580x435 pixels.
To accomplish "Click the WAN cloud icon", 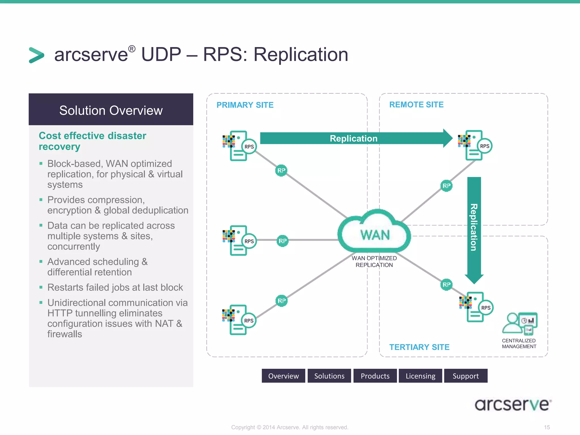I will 374,232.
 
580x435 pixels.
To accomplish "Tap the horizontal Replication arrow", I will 354,138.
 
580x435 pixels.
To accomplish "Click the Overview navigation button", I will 283,376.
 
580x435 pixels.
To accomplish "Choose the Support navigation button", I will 466,376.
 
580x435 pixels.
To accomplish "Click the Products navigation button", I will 375,376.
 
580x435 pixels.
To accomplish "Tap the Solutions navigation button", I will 329,376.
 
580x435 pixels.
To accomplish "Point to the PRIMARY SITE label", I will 245,105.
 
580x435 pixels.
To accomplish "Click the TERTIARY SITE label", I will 419,347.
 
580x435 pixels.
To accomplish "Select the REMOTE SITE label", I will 416,105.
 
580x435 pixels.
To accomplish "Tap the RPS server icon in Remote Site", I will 476,146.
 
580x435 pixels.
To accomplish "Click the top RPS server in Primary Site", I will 240,146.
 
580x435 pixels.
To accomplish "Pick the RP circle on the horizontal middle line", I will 283,241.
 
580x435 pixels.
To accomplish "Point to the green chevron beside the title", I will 37,55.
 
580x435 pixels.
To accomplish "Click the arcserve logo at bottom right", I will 513,405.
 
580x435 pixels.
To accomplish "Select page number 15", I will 547,427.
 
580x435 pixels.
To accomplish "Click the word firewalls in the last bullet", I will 65,334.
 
